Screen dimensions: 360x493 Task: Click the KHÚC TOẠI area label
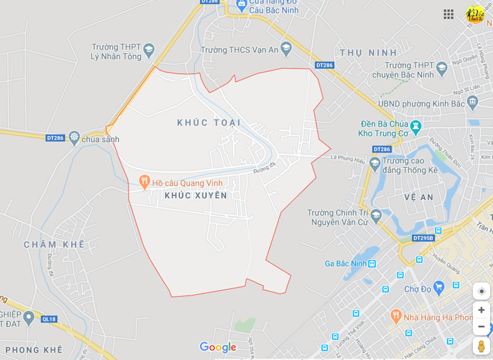[x=209, y=123]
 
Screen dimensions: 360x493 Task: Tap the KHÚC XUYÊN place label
[x=195, y=196]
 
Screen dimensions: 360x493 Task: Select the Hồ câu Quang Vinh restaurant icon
[x=144, y=182]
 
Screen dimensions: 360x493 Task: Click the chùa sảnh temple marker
[x=74, y=137]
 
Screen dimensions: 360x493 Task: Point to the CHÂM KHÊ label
[x=54, y=244]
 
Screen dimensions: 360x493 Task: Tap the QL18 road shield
[x=49, y=319]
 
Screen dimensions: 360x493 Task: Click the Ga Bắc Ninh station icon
[x=372, y=263]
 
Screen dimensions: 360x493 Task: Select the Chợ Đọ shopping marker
[x=439, y=286]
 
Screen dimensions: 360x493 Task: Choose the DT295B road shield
[x=423, y=238]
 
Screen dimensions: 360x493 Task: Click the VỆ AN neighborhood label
[x=419, y=197]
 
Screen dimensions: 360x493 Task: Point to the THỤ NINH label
[x=368, y=52]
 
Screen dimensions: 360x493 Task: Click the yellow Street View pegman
[x=481, y=346]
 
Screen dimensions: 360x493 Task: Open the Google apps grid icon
[x=449, y=14]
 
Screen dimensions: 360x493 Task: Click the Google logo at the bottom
[x=218, y=347]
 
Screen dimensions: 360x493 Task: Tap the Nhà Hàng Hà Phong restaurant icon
[x=396, y=316]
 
